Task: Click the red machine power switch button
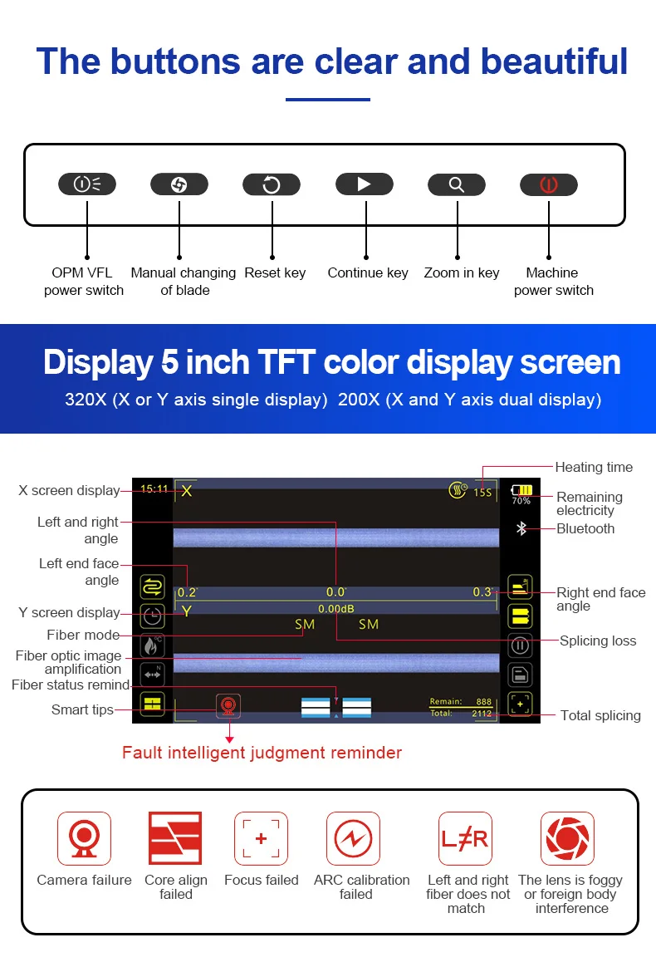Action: coord(548,184)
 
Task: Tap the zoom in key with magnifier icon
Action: coord(456,184)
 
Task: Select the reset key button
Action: coord(271,184)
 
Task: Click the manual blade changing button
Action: coord(179,184)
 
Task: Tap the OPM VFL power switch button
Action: coord(86,184)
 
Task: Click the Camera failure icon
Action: coord(84,838)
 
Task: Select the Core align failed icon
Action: coord(175,838)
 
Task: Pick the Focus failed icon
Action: coord(261,838)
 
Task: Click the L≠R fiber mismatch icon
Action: coord(465,838)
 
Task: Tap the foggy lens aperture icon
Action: coord(567,838)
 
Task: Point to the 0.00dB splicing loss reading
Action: coord(336,609)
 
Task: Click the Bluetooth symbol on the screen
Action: coord(521,528)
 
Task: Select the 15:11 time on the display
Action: coord(154,489)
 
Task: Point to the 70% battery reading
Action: coord(521,501)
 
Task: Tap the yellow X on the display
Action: coord(187,491)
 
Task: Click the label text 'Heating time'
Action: coord(594,467)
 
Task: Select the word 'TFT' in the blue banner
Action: coord(277,363)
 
